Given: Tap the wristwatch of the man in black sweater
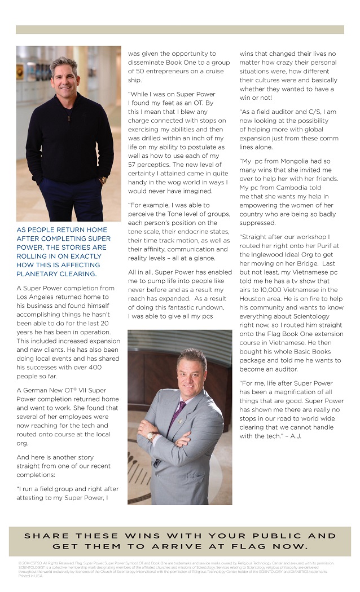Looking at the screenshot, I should pyautogui.click(x=103, y=180).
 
